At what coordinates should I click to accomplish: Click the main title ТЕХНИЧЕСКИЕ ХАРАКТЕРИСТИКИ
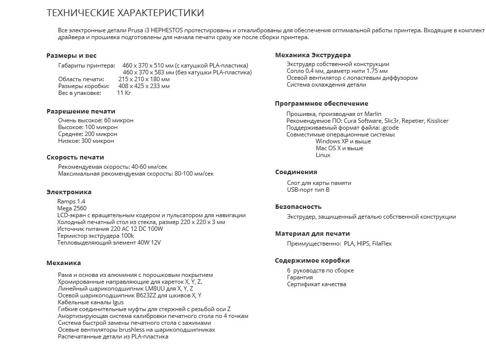point(125,13)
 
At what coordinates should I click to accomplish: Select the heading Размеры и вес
point(71,56)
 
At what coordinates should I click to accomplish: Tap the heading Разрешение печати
point(81,111)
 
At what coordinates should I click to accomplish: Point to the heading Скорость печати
point(75,157)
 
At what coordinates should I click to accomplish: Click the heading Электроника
point(69,192)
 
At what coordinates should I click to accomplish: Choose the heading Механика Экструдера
point(313,55)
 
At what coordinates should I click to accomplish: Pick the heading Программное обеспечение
point(322,104)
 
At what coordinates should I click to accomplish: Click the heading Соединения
point(296,172)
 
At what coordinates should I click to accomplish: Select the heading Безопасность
point(299,207)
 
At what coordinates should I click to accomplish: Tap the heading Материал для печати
point(312,234)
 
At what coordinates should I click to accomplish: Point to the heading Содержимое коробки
point(312,261)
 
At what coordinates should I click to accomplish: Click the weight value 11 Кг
point(124,93)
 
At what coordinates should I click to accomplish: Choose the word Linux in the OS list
point(323,155)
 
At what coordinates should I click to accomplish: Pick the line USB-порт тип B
point(308,190)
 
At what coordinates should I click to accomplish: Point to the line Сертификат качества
point(316,284)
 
